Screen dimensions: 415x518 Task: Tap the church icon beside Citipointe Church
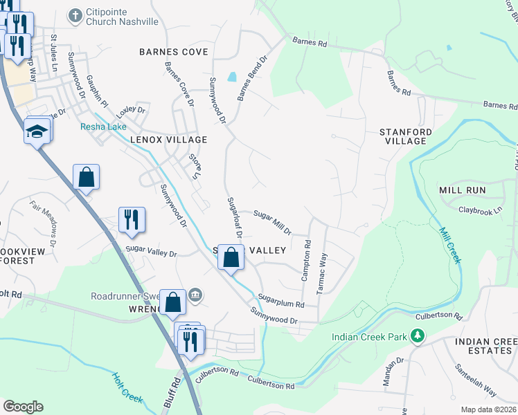coord(75,13)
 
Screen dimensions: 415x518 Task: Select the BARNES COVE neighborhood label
coord(173,52)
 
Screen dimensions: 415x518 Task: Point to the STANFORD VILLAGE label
coord(405,136)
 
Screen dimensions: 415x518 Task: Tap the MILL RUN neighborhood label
coord(462,190)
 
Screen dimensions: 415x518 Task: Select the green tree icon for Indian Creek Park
coord(417,336)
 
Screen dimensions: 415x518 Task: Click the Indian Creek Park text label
coord(369,337)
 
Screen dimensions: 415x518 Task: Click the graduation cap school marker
coord(37,131)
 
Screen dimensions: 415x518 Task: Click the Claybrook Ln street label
coord(480,208)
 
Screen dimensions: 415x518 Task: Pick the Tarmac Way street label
coord(322,274)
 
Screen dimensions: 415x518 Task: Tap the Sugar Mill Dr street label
coord(272,222)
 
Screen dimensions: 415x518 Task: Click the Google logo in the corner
coord(23,406)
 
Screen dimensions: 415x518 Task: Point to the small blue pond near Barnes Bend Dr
coord(231,76)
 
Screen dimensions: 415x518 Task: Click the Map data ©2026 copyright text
coord(489,409)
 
